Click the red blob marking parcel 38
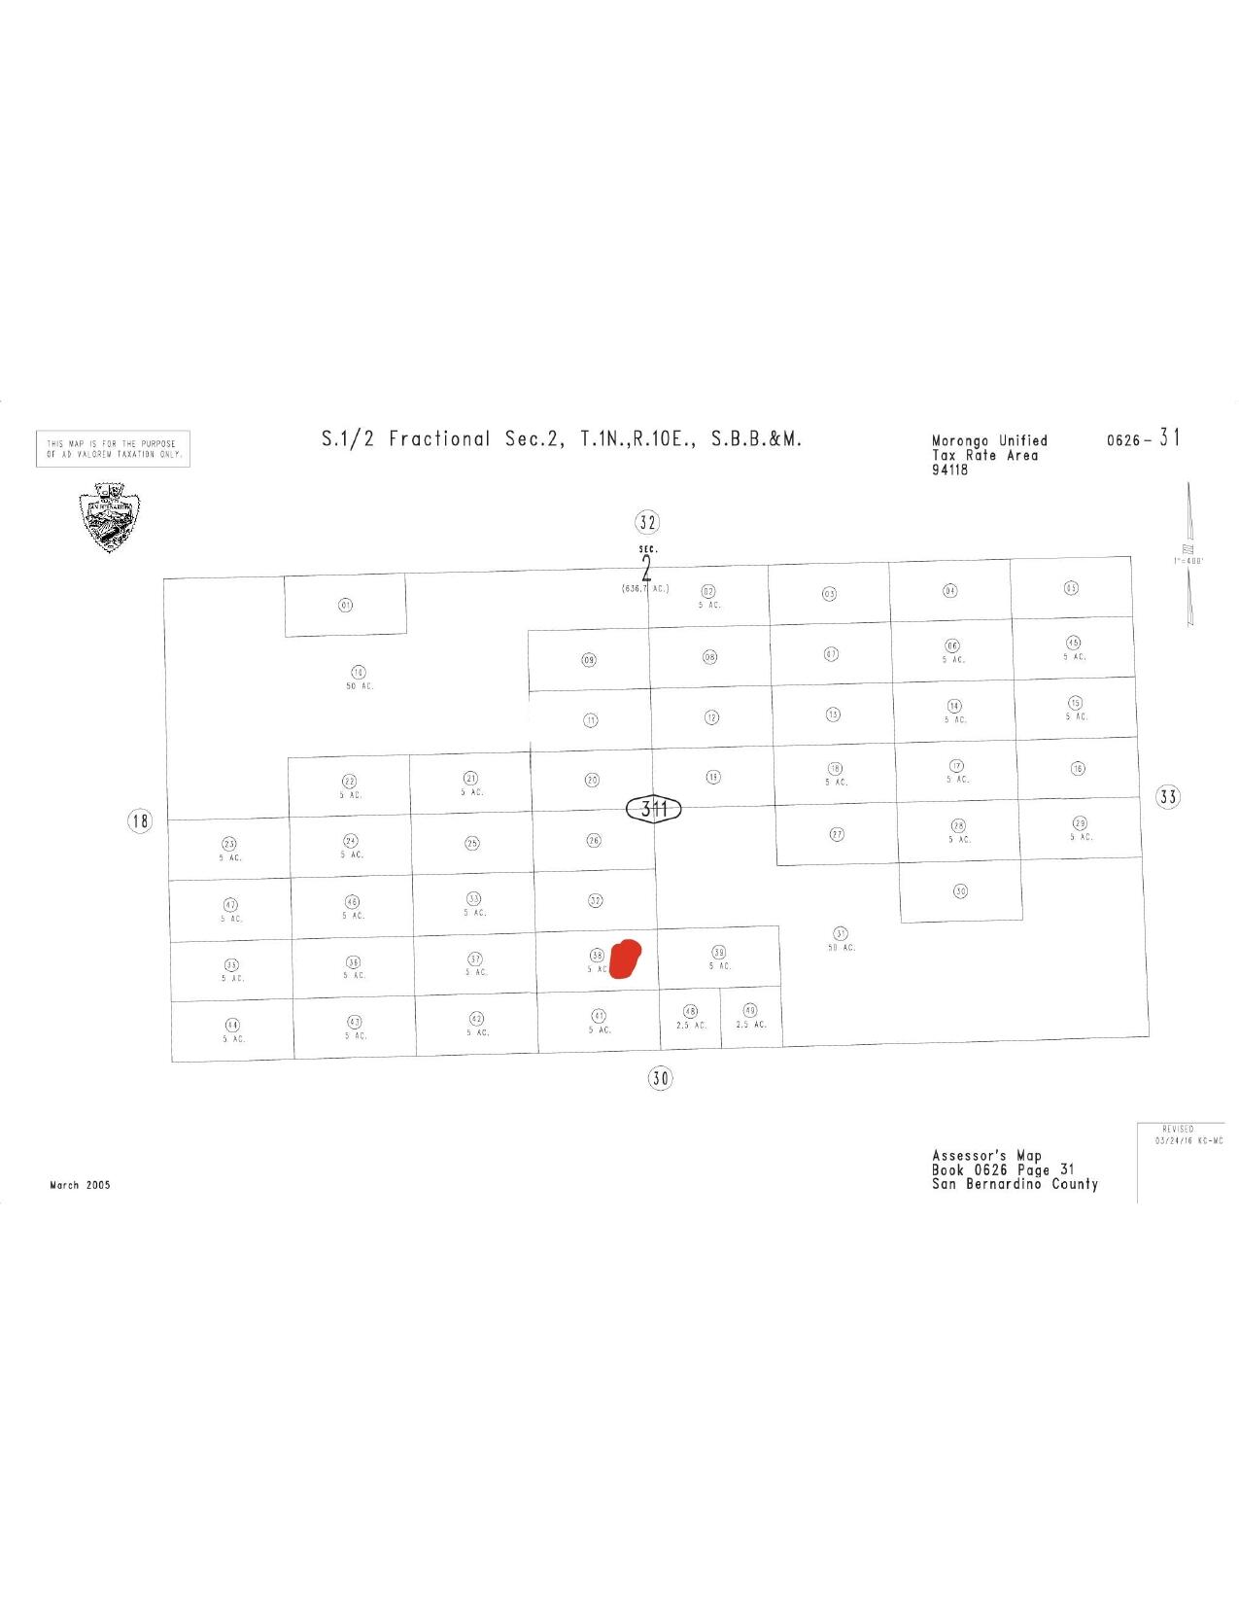tap(626, 958)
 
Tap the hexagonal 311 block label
tap(654, 808)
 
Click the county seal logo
tap(109, 517)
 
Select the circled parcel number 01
tap(345, 605)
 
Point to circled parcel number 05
tap(1070, 588)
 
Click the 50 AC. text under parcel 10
tap(360, 686)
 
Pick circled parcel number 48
tap(690, 1012)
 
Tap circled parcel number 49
tap(749, 1011)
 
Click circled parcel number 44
tap(232, 1026)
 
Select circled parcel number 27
tap(837, 834)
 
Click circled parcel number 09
tap(589, 660)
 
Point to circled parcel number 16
tap(1078, 768)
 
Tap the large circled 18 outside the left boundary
tap(141, 821)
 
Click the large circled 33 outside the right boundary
tap(1167, 797)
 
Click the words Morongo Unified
tap(989, 441)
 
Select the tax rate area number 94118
tap(949, 471)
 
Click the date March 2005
tap(80, 1185)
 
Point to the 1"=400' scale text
tap(1189, 561)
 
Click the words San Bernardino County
tap(1015, 1184)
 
